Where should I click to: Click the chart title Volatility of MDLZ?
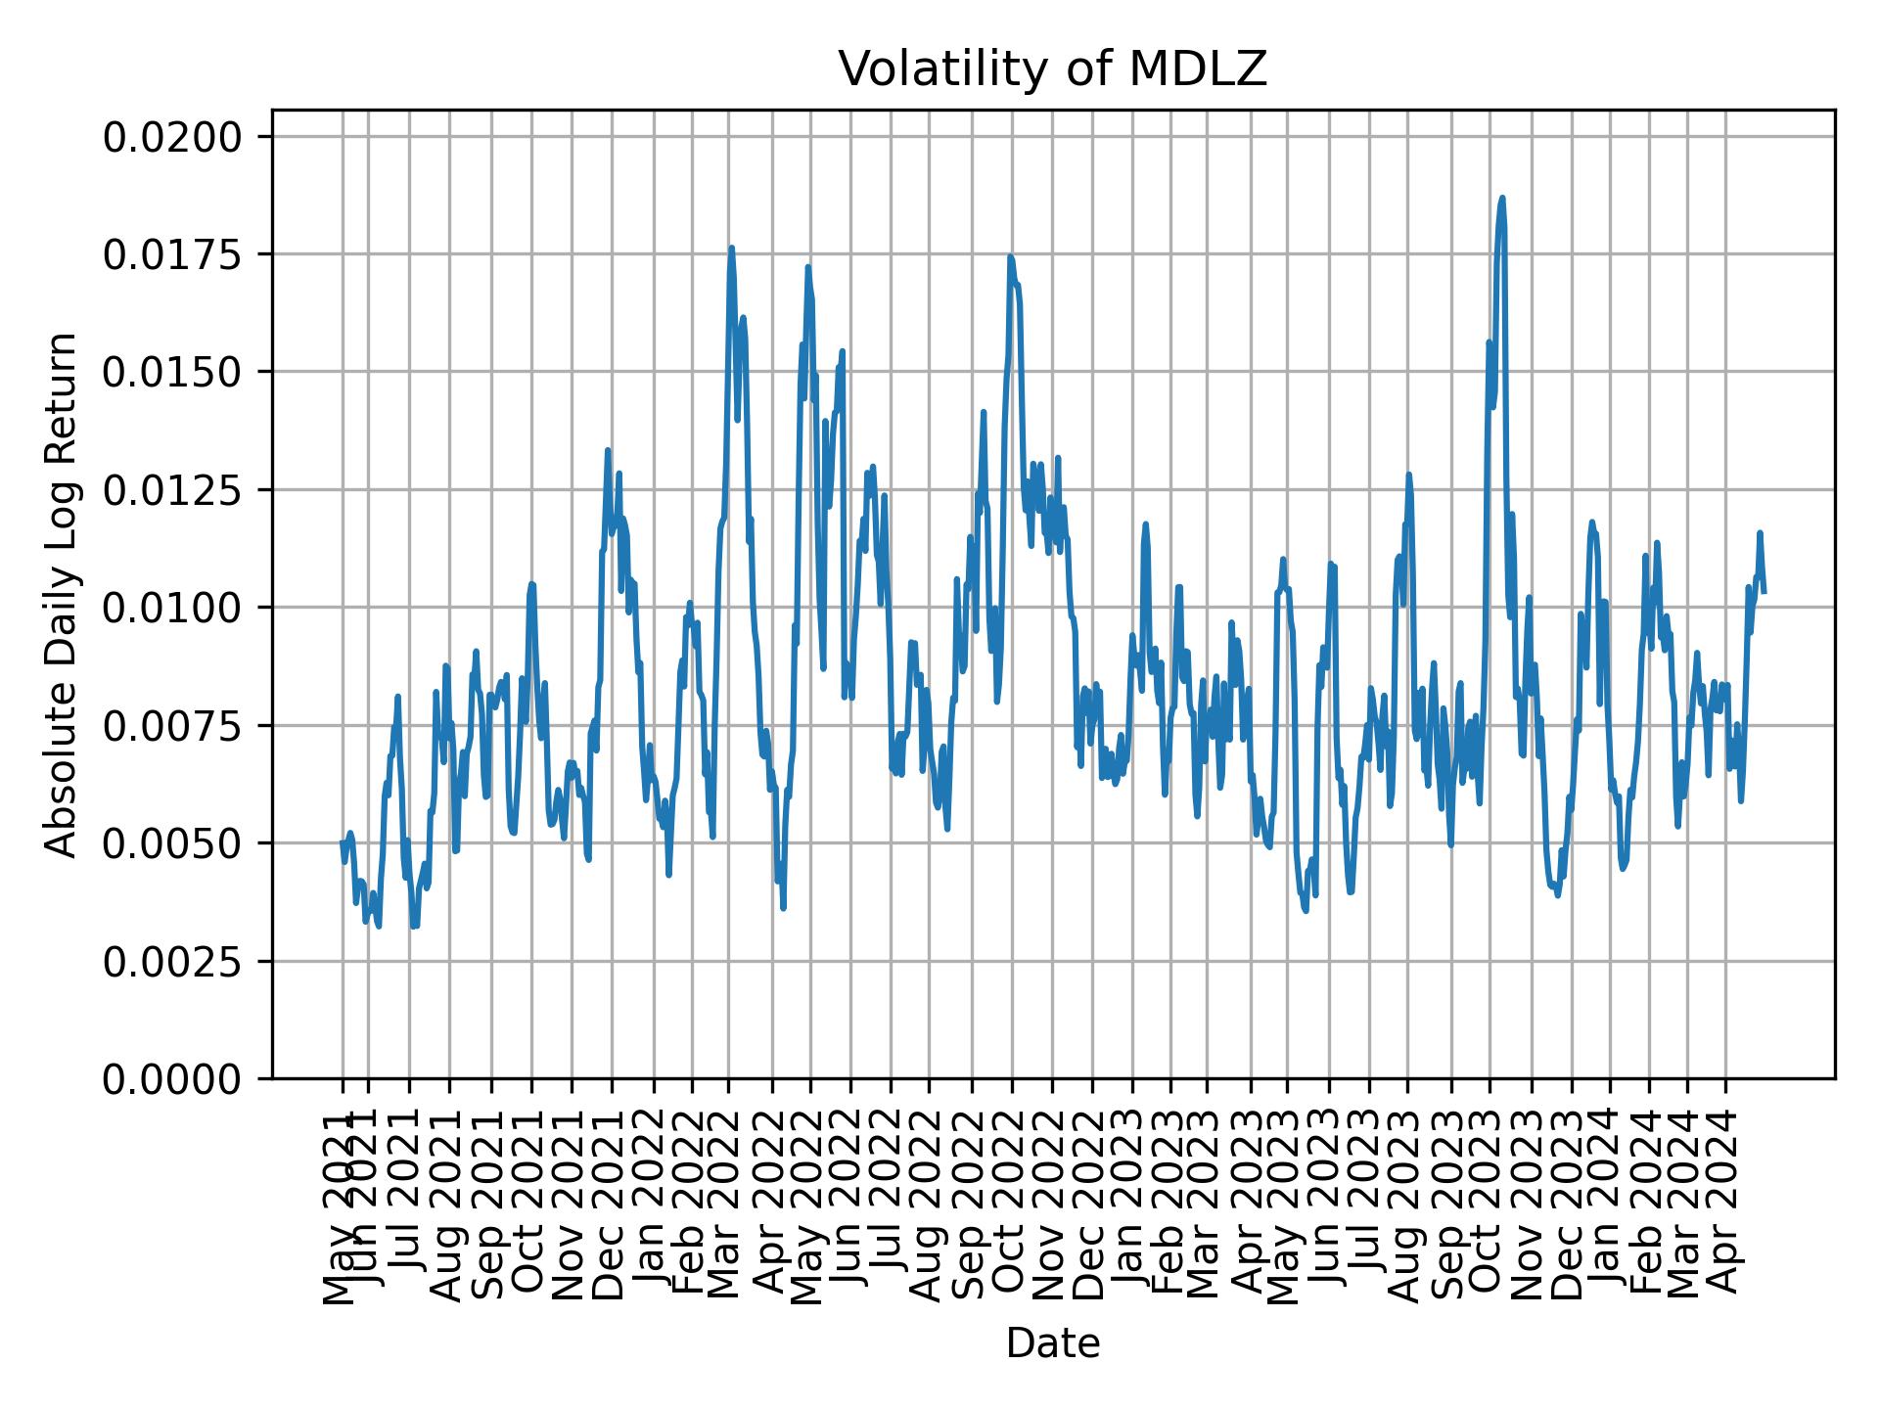coord(1052,69)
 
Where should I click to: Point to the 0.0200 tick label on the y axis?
coord(172,138)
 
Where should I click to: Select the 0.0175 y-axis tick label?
coord(172,255)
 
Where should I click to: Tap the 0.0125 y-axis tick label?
coord(172,490)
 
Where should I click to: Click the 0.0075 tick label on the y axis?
coord(172,726)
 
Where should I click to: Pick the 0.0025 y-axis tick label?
coord(172,962)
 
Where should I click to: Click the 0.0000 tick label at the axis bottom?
coord(172,1079)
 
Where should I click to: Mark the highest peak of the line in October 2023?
coord(1501,198)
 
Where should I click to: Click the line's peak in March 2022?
coord(731,248)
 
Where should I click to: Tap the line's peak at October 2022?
coord(1010,256)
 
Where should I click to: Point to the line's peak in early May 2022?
coord(808,266)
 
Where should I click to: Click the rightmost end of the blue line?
coord(1764,592)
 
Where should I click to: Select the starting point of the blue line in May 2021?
coord(343,842)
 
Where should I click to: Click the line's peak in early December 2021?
coord(608,450)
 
